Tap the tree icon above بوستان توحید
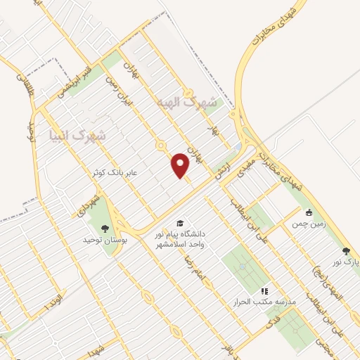pos(105,227)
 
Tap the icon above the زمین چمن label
pos(308,213)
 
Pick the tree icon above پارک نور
pos(345,250)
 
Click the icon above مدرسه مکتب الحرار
pos(264,290)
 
